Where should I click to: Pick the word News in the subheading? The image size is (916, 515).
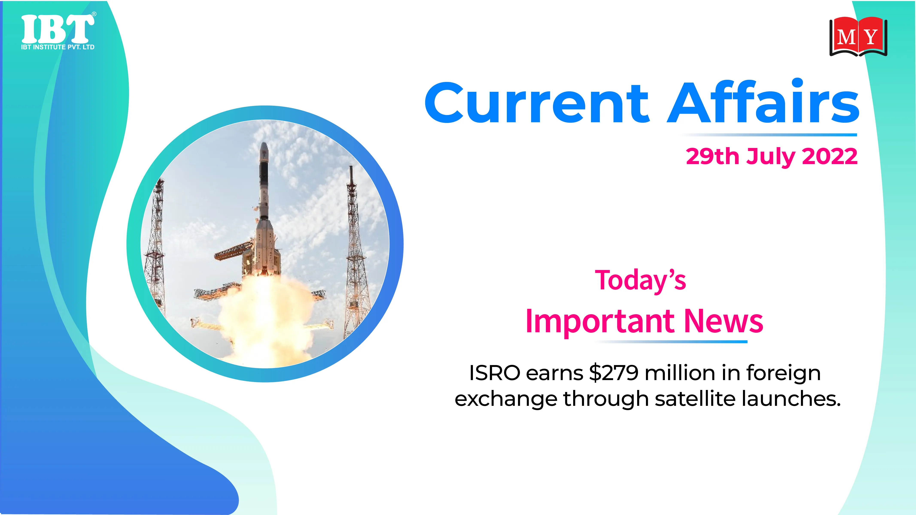(x=724, y=321)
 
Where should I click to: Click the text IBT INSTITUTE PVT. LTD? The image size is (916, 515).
(x=58, y=47)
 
